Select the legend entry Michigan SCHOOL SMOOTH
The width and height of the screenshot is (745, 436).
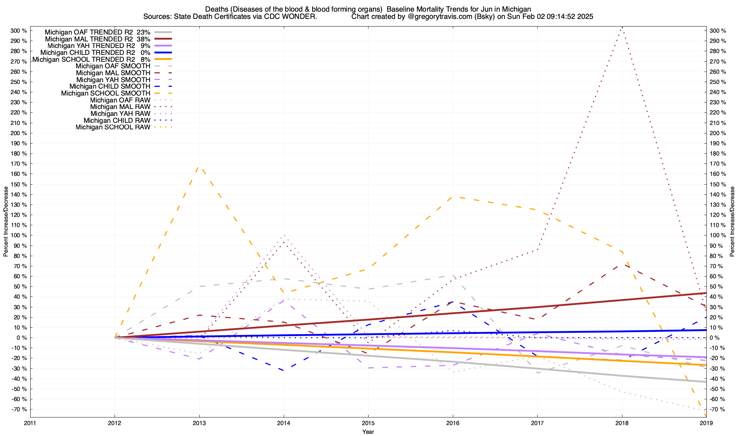(105, 93)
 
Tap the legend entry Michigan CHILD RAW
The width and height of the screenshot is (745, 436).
(117, 121)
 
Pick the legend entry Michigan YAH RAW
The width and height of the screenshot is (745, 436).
(120, 114)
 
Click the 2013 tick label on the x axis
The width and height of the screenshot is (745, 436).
(199, 423)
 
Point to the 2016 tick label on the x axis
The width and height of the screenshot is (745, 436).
(453, 423)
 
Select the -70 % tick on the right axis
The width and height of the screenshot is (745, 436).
(717, 409)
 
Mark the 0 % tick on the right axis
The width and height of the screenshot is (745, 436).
(714, 338)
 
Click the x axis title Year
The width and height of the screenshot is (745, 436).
(368, 432)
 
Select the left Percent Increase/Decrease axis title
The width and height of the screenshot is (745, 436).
(6, 222)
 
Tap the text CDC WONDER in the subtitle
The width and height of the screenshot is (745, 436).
(296, 17)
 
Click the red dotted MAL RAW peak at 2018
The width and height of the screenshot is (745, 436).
(622, 27)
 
